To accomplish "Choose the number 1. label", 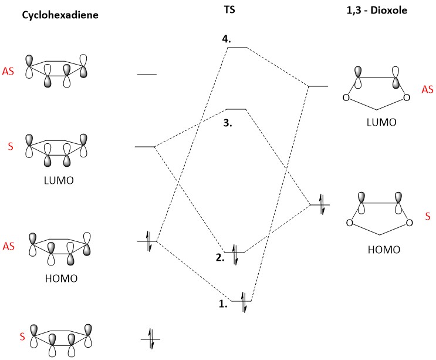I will pyautogui.click(x=224, y=305).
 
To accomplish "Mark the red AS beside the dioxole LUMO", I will pyautogui.click(x=427, y=89).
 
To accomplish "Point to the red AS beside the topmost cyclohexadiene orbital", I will pyautogui.click(x=9, y=69).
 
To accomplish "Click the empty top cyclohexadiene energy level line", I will pyautogui.click(x=147, y=75).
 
